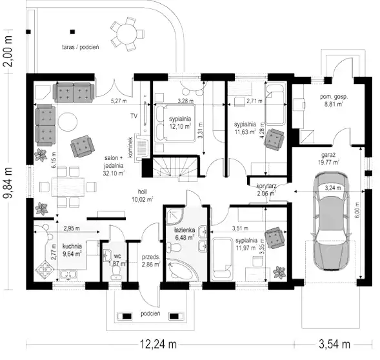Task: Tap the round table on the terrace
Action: tap(126, 34)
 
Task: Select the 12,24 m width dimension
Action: tap(159, 344)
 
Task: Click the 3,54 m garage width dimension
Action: tap(334, 344)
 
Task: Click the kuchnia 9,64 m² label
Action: tap(72, 250)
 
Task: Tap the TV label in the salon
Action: tap(134, 116)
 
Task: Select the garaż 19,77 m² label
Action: tap(328, 159)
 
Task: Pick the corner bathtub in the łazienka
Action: tap(179, 270)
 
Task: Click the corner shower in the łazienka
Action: tap(175, 215)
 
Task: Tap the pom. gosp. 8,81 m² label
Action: tap(334, 100)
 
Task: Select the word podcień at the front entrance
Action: tap(150, 314)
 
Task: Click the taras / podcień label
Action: tap(81, 47)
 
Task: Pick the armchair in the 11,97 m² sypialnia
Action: tap(275, 238)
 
